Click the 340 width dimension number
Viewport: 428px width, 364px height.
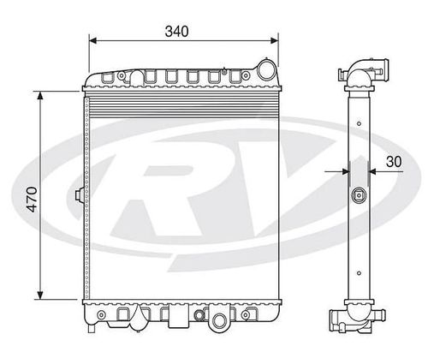pyautogui.click(x=177, y=31)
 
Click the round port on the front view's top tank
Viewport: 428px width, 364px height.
pyautogui.click(x=267, y=69)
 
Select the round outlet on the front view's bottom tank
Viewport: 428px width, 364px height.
pyautogui.click(x=222, y=321)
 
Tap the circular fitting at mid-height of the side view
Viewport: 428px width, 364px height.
pyautogui.click(x=358, y=195)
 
